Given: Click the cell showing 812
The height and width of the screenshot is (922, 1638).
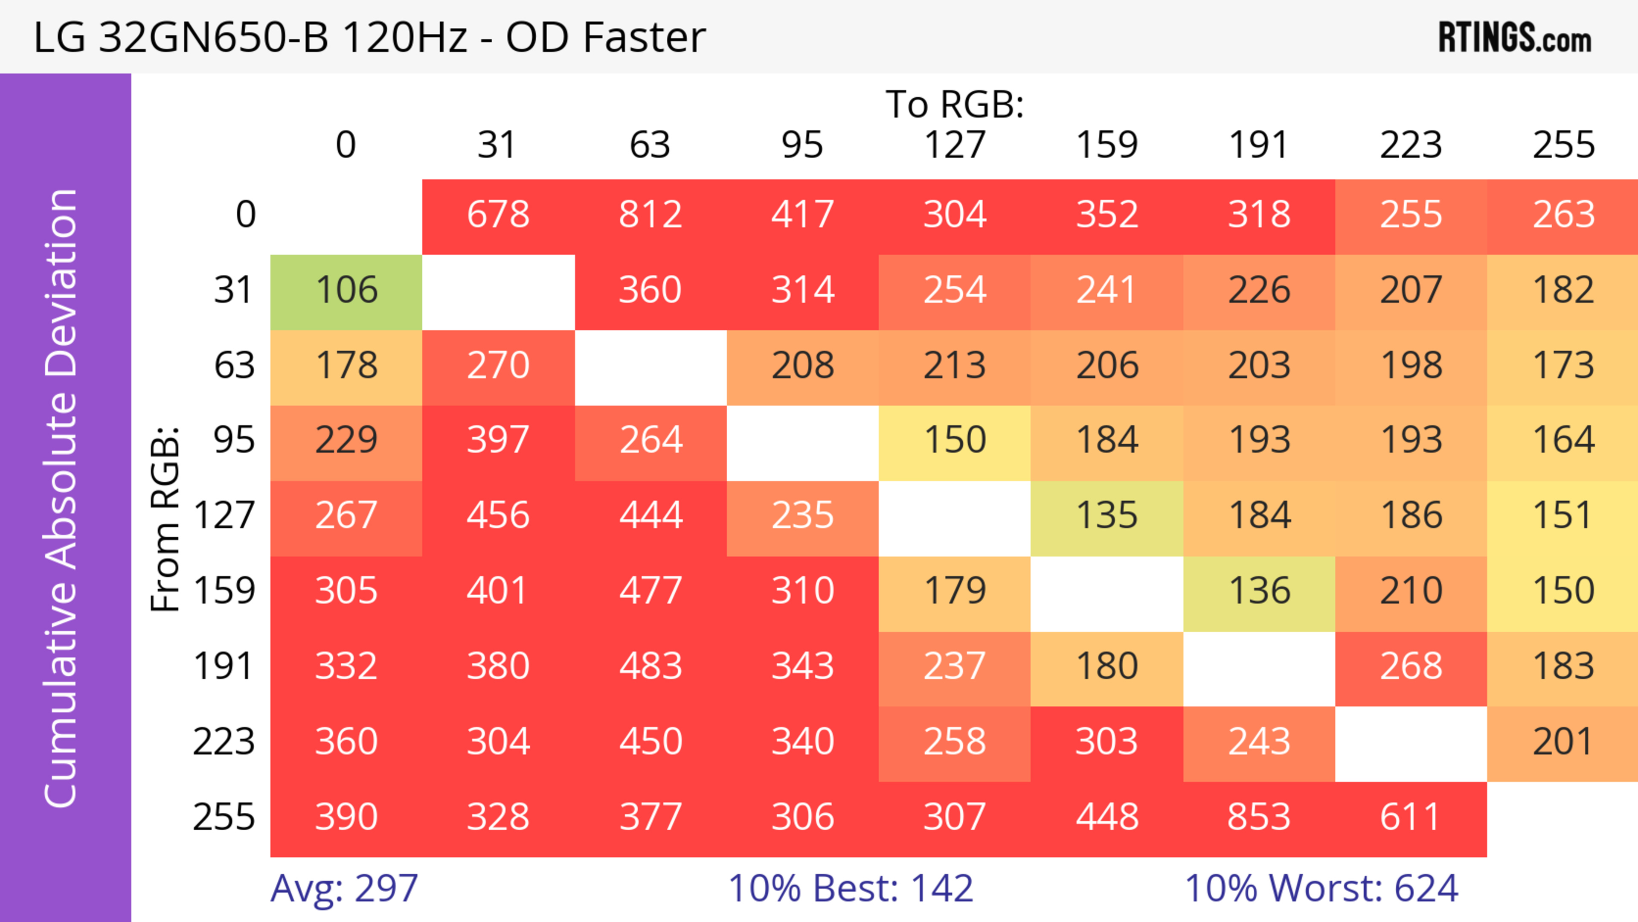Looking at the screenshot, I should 651,214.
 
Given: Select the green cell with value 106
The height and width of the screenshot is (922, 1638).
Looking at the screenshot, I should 346,290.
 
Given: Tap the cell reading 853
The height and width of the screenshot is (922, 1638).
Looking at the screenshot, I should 1259,817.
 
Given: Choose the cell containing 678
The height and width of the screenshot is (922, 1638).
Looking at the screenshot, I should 499,214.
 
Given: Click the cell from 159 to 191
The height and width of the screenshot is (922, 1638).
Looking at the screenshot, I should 1259,591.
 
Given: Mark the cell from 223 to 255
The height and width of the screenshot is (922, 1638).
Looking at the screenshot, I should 1563,742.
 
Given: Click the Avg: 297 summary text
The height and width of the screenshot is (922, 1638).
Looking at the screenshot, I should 344,888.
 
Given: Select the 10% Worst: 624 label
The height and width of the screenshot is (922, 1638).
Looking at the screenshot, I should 1321,888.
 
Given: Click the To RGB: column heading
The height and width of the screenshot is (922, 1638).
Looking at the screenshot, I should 955,104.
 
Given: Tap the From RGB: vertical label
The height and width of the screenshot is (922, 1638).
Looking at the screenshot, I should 166,518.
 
